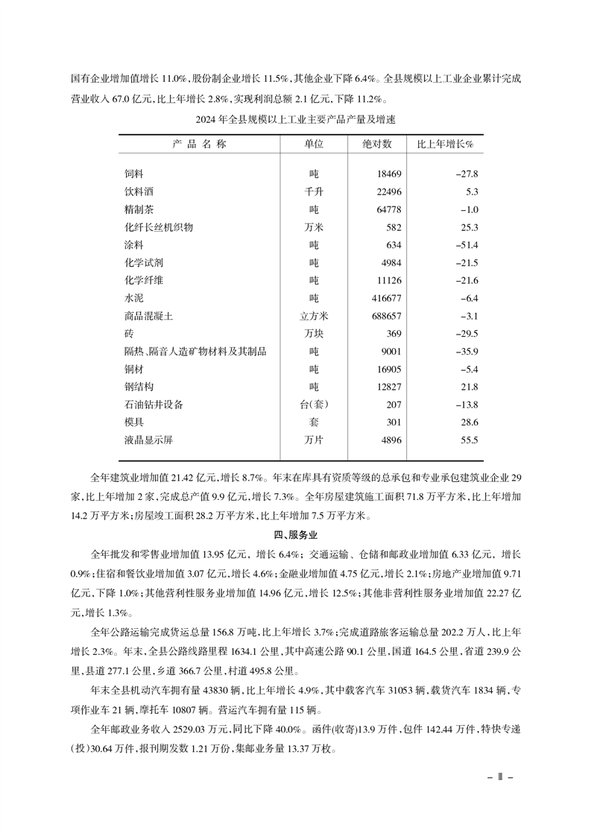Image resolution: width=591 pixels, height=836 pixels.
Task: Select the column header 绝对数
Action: point(377,145)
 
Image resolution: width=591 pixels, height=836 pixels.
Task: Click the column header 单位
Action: point(314,145)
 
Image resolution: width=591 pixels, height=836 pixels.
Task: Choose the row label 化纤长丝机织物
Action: point(159,227)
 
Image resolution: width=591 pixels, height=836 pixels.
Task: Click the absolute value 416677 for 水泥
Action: point(383,298)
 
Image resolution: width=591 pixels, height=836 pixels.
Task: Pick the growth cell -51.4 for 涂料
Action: point(466,245)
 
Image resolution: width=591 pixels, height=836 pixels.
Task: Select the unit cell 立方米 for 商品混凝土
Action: point(314,316)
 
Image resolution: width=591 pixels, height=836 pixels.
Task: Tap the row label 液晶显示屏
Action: point(149,440)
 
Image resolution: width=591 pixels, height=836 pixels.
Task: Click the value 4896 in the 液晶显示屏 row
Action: point(390,440)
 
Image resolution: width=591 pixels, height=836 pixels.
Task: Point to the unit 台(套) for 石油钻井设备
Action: point(314,405)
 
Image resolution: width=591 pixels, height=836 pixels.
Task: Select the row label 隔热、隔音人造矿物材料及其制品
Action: point(195,352)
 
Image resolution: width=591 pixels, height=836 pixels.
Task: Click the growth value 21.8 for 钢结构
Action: point(469,387)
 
